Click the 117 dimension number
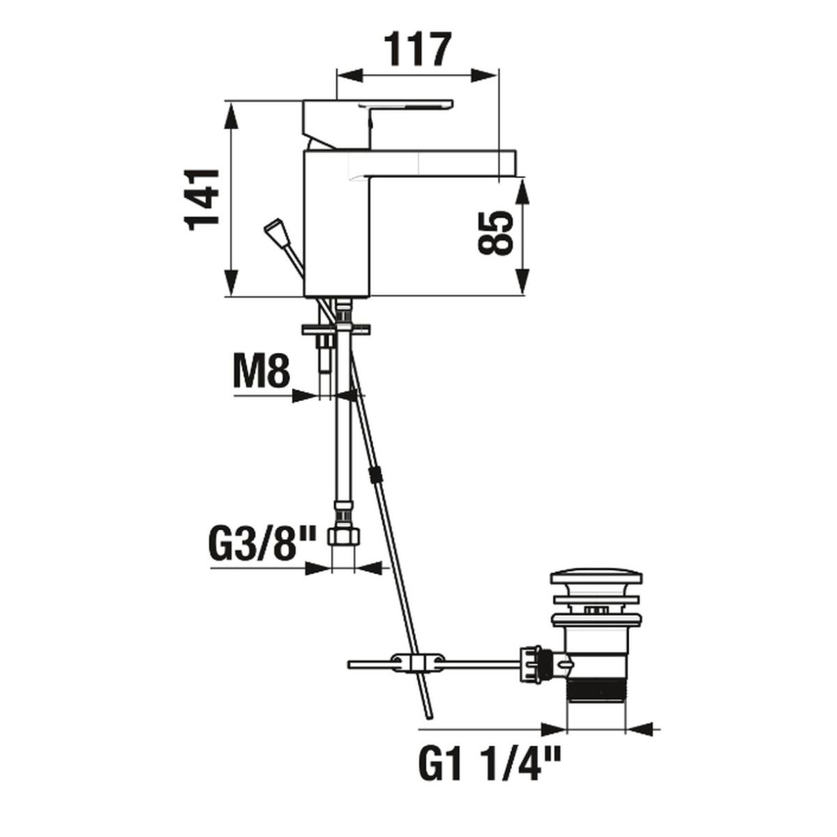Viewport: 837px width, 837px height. point(417,49)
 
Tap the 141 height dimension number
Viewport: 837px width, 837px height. point(201,199)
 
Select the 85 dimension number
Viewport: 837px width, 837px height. point(495,233)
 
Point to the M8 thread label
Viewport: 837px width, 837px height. point(261,372)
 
